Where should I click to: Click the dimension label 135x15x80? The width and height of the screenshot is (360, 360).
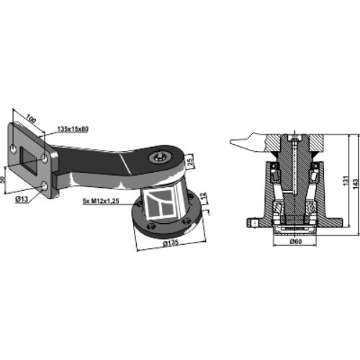tap(73, 129)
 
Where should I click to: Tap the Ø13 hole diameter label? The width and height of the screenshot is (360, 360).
tap(22, 199)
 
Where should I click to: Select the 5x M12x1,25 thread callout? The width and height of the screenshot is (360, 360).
tap(101, 201)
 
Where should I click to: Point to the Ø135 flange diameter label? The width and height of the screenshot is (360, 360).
tap(171, 243)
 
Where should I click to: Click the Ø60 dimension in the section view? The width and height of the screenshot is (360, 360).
tap(295, 241)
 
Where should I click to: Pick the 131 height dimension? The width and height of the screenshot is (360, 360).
tap(346, 180)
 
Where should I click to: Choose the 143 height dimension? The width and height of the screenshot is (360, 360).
tap(356, 184)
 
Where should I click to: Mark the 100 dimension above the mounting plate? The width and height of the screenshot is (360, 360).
tap(31, 119)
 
